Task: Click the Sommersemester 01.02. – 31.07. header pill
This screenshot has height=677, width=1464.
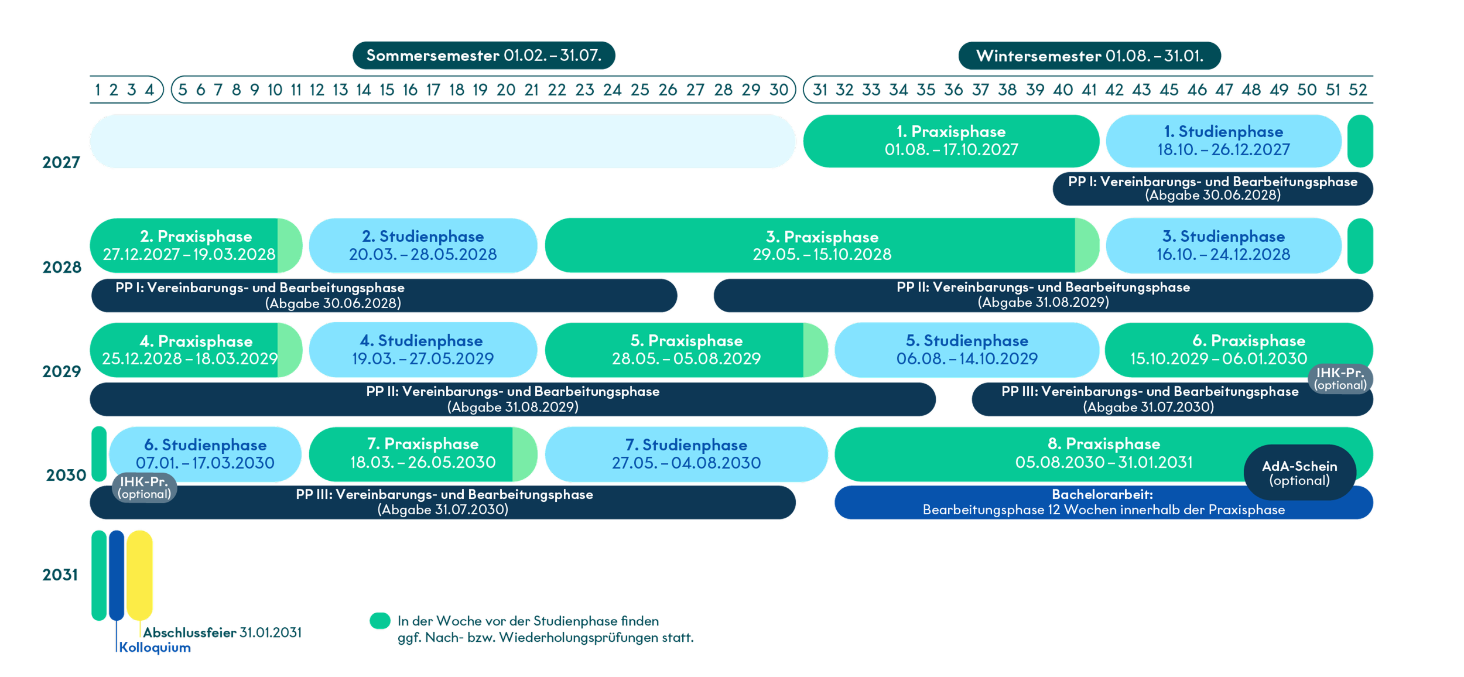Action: coord(484,56)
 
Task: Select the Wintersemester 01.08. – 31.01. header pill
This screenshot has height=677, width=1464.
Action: coord(1089,56)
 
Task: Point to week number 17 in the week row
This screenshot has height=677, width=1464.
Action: coord(433,90)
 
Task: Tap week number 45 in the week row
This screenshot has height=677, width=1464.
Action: coord(1169,90)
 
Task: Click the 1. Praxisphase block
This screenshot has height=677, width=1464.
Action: coord(951,141)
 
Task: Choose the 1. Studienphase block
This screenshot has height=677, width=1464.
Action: coord(1224,141)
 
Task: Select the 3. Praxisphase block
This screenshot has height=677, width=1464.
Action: coord(822,245)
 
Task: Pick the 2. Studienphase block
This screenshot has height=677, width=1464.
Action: coord(423,245)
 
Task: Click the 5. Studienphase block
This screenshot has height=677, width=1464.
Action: coord(967,350)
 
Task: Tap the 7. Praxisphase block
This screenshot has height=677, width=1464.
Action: coord(423,454)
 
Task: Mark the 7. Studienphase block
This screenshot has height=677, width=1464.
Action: coord(686,454)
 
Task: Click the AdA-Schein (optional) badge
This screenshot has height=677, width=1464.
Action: coord(1299,473)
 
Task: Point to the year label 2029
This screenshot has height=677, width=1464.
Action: coord(61,371)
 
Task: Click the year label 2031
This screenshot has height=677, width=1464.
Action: coord(60,575)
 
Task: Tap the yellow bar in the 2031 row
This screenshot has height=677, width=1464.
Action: coord(139,575)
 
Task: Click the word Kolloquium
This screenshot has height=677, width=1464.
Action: coord(155,647)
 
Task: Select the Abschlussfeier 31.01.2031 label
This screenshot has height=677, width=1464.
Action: coord(222,632)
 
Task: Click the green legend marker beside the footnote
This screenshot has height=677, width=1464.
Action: coord(380,621)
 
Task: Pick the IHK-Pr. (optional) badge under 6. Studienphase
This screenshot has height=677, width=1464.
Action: coord(144,488)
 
